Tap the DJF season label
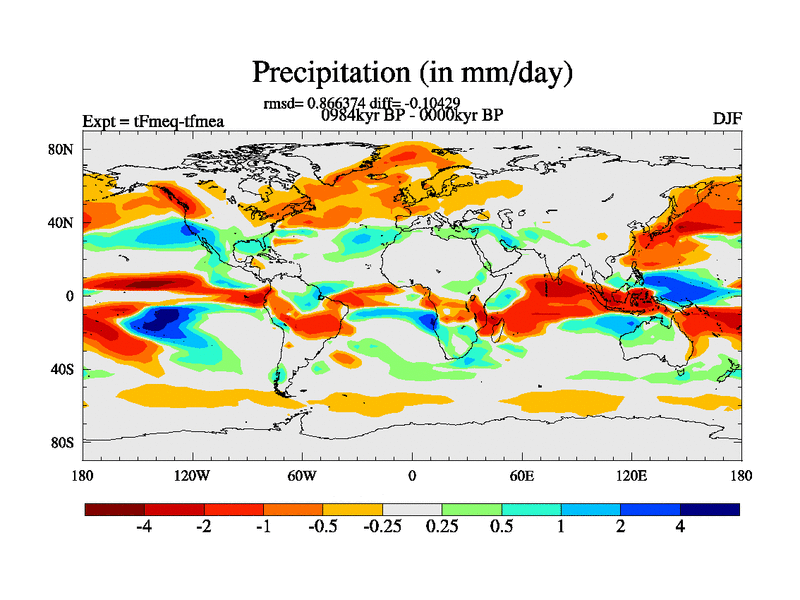pos(726,119)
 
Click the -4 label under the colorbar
pos(143,527)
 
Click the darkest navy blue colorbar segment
pos(710,509)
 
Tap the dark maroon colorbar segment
pos(115,509)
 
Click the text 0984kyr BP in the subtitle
pos(361,115)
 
